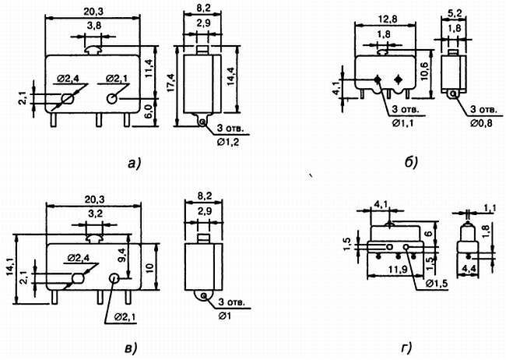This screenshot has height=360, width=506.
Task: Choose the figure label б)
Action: [412, 163]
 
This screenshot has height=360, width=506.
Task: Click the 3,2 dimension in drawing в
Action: [93, 213]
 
